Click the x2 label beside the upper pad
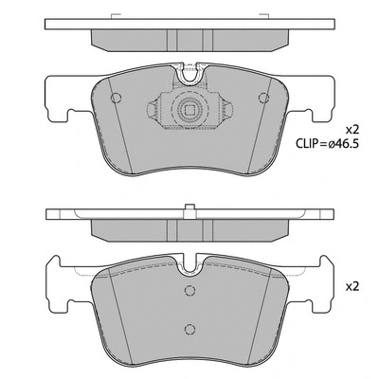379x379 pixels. tap(352, 130)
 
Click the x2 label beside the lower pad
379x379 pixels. tap(352, 285)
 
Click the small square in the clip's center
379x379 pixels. tap(190, 110)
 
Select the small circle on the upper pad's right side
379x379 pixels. tap(263, 99)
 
